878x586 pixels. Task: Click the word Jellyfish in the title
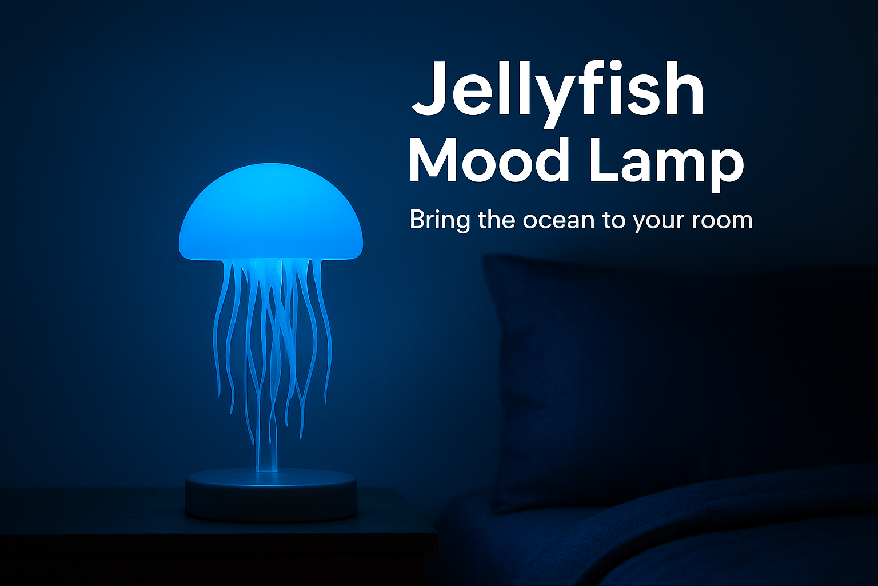[x=558, y=94]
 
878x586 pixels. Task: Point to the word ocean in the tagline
[x=558, y=222]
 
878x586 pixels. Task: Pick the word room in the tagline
[x=722, y=222]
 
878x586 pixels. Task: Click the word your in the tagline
[x=658, y=224]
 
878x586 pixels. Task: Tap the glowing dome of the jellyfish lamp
[x=271, y=212]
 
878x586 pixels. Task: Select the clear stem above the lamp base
[x=266, y=452]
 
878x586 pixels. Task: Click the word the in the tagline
[x=496, y=220]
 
